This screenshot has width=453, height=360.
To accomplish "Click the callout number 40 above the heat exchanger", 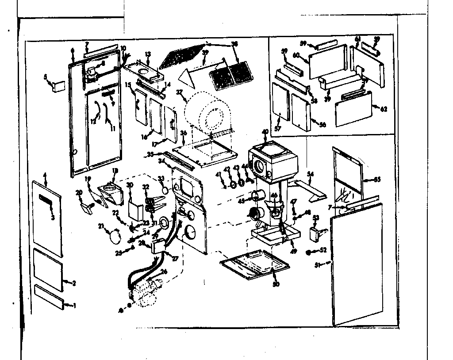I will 265,132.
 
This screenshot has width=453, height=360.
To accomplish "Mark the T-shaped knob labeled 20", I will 86,206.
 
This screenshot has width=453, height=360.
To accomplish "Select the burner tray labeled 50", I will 256,264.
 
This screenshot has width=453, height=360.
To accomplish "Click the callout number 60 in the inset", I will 296,55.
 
